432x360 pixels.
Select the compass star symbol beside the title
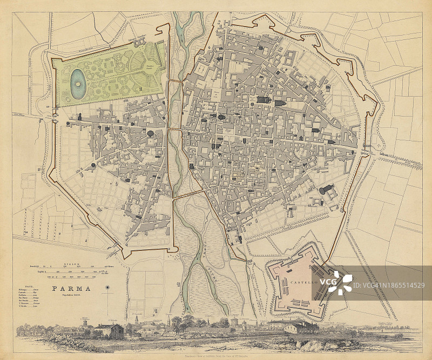tap(107, 289)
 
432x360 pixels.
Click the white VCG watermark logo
tap(340, 281)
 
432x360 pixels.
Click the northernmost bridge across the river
tap(175, 80)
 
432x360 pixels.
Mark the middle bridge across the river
tap(175, 130)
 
